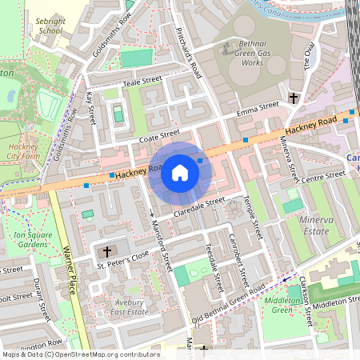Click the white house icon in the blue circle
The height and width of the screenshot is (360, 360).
tap(180, 172)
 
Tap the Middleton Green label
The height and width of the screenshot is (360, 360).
tap(281, 305)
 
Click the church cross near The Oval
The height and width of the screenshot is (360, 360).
tap(294, 98)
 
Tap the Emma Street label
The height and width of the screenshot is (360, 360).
tap(258, 108)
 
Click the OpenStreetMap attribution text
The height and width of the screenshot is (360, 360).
tap(80, 354)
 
